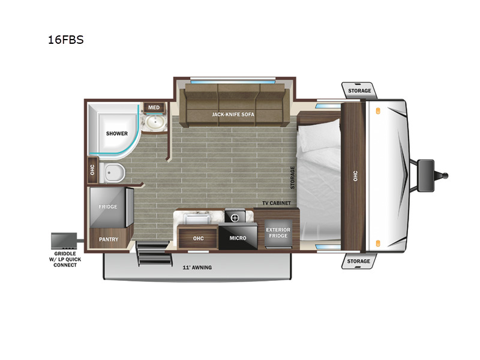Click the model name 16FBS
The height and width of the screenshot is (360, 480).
pos(65,40)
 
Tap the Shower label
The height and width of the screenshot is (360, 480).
pos(116,133)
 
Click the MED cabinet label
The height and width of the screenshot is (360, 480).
pos(154,107)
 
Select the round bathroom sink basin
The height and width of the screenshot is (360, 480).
pos(155,122)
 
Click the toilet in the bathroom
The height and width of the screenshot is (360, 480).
pos(112,173)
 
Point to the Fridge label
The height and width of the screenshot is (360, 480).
pos(108,206)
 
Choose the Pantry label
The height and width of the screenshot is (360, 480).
pos(109,239)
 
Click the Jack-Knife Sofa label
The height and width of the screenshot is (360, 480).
pos(233,115)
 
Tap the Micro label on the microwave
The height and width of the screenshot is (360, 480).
pos(238,238)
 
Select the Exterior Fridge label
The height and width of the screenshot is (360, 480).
pos(278,233)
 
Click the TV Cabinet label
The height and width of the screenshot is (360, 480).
pos(277,203)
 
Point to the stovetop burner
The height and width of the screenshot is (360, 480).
pos(235,218)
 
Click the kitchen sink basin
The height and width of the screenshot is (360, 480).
pos(196,218)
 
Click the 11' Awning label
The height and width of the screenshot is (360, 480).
pos(197,268)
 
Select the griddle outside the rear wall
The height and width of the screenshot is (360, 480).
pos(64,241)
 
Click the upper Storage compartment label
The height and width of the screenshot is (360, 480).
pos(359,91)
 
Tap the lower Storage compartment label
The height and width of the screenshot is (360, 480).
pos(358,261)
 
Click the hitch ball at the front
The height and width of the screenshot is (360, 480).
pos(445,176)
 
